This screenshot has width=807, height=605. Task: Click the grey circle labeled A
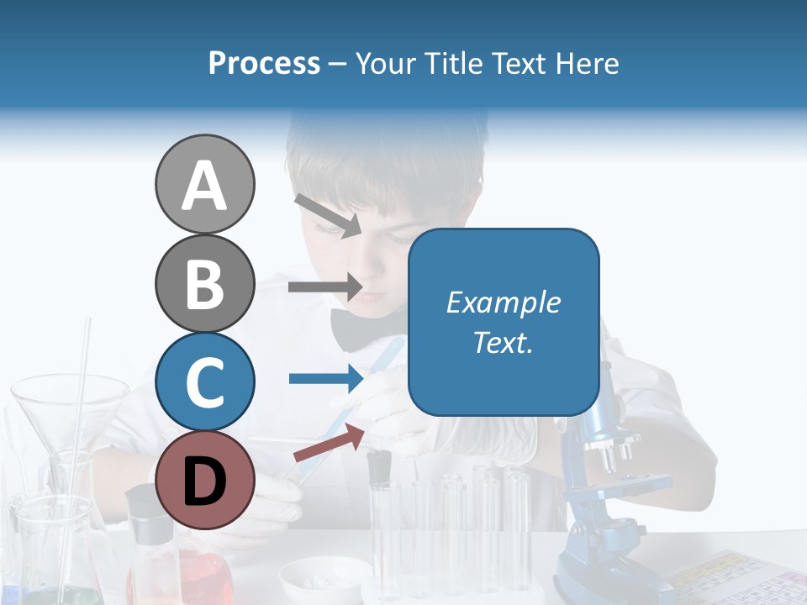click(204, 184)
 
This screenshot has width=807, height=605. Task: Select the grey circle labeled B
click(204, 283)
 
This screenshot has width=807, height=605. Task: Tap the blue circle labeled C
click(204, 381)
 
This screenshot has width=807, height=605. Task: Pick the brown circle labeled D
click(204, 480)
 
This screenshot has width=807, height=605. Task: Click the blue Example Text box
click(504, 322)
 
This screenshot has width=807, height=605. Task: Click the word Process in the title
click(264, 63)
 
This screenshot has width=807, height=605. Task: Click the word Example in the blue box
click(504, 302)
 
